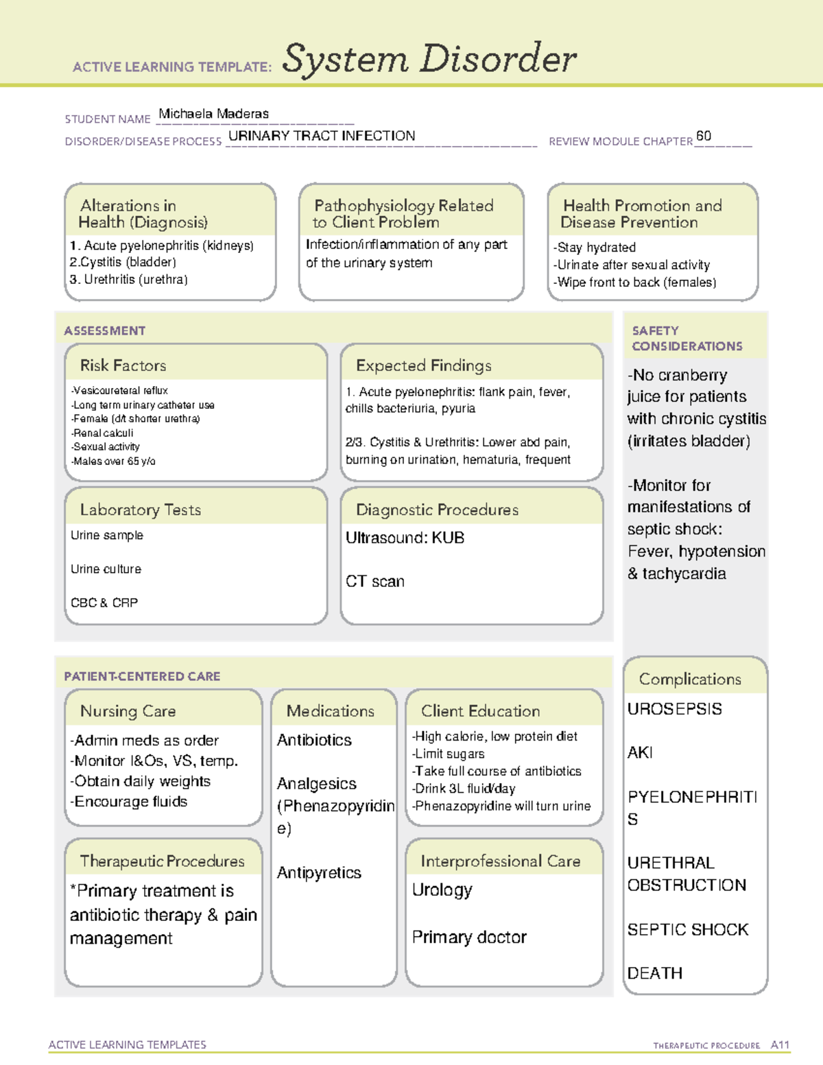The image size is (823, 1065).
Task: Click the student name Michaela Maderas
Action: [213, 114]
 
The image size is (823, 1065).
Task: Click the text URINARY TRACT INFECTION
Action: [321, 136]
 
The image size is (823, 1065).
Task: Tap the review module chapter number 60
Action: [703, 136]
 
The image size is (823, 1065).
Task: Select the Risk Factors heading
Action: [123, 366]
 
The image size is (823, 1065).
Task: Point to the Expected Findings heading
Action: [423, 366]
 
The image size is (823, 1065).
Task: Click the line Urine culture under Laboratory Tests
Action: [106, 569]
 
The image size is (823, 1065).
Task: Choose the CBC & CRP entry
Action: [104, 603]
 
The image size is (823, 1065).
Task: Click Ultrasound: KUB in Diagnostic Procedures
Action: [405, 538]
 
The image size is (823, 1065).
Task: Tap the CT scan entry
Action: [374, 582]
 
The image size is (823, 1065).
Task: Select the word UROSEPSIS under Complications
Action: [674, 709]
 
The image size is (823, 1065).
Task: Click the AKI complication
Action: [640, 753]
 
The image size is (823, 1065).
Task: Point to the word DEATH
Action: [654, 973]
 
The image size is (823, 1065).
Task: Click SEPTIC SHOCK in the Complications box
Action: [687, 930]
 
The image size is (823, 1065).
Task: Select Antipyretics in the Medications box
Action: [319, 873]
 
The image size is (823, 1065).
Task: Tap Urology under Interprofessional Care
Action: [442, 890]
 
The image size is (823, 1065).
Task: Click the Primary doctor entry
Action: [469, 937]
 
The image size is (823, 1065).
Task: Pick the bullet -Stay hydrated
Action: [595, 248]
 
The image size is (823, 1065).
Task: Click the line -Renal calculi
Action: [102, 433]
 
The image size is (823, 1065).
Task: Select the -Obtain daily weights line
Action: [141, 782]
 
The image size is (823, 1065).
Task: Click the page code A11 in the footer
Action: [780, 1045]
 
